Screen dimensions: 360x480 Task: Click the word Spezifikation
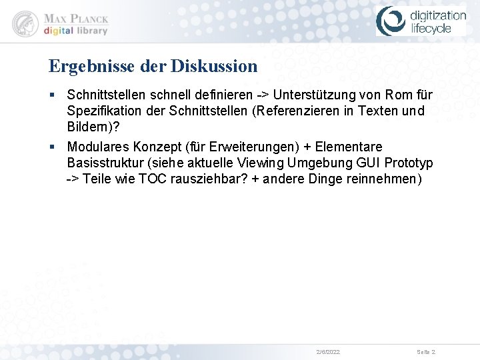coord(101,111)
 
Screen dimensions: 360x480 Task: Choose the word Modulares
coord(99,147)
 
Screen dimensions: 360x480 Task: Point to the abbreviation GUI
coord(363,163)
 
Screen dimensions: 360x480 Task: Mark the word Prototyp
coord(408,163)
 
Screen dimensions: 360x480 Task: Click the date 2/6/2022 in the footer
coord(327,351)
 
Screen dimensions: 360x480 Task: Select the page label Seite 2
coord(426,351)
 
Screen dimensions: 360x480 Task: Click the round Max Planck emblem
coord(25,23)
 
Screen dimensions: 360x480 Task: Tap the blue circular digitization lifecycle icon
coord(390,21)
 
